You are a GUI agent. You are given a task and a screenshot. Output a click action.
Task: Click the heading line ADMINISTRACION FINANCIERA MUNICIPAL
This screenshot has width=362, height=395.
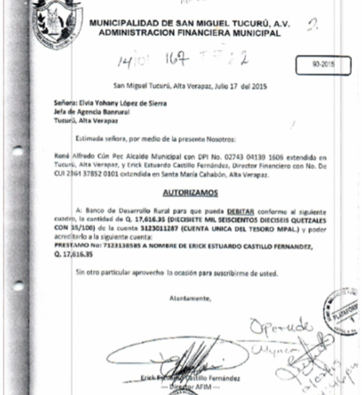coord(185,33)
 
